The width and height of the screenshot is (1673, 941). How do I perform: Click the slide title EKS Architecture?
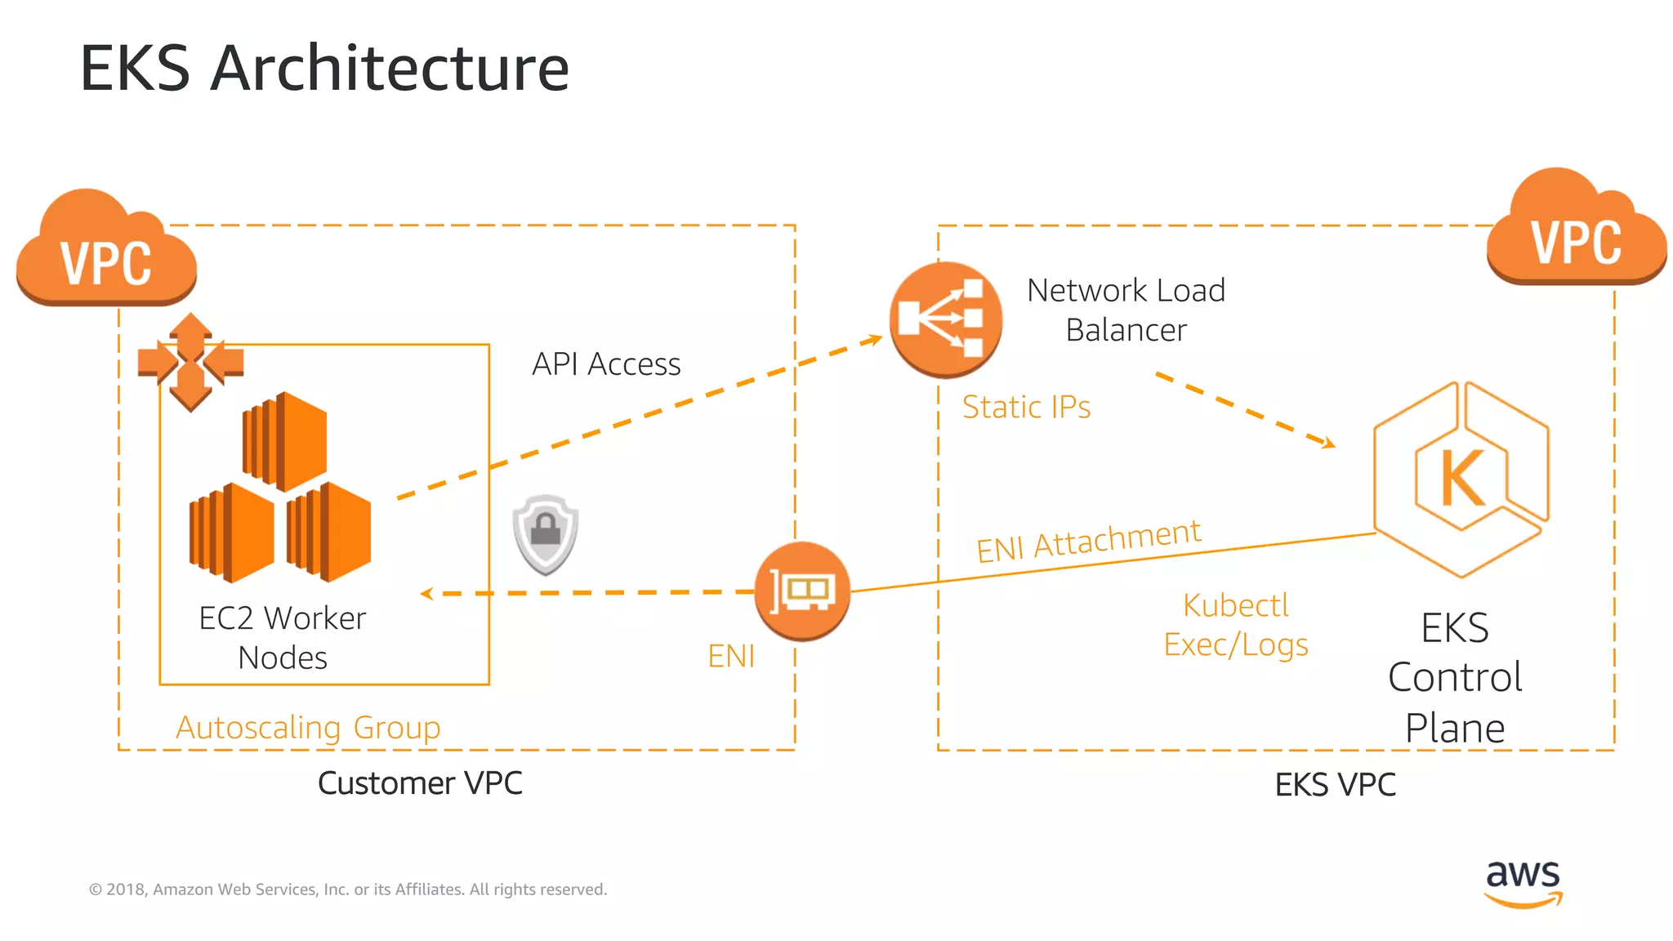[324, 68]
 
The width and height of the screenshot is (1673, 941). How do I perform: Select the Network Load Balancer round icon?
[945, 319]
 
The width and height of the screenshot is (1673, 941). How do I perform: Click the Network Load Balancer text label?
[1126, 310]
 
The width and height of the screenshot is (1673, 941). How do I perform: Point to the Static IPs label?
[1026, 407]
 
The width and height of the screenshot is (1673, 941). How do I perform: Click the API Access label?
[606, 364]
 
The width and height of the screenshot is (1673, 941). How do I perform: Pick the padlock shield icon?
[546, 534]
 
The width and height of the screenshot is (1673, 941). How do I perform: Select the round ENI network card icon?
[802, 591]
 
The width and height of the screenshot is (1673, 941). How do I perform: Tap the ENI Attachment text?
[1089, 541]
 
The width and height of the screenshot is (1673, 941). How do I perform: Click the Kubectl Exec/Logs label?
[1236, 625]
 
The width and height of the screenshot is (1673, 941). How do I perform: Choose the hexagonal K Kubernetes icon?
[1461, 479]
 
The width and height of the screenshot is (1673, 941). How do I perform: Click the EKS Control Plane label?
[1455, 677]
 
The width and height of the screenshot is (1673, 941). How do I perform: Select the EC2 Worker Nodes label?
[283, 637]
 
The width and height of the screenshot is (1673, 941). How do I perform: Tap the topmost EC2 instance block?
[285, 441]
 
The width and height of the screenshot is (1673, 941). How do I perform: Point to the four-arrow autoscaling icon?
[190, 361]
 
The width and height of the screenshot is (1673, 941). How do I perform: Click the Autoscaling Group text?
[308, 727]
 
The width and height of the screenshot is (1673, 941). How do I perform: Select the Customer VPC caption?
[420, 783]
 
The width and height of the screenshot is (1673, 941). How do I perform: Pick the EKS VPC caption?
[1335, 785]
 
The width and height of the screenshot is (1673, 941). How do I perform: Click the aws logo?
[1523, 882]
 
